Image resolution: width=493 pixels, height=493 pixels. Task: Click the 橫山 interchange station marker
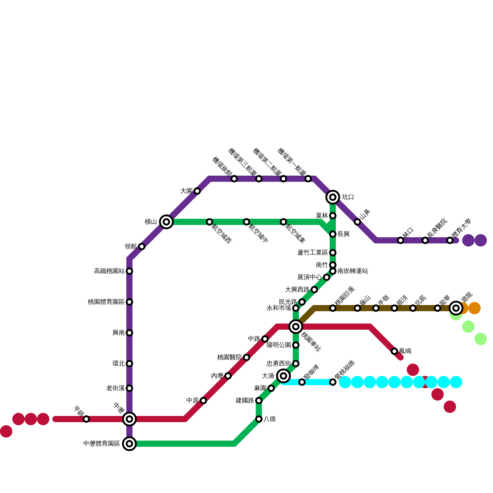point(166,222)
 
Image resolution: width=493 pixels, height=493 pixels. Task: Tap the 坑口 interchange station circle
point(333,197)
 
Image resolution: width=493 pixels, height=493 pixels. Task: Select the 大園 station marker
point(197,191)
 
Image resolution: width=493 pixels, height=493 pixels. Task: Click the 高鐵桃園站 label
point(109,271)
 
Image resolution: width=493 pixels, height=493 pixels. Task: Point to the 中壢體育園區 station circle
point(129,444)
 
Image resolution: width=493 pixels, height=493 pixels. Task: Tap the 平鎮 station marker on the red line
point(86,419)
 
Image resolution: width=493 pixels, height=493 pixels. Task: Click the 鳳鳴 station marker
point(394,351)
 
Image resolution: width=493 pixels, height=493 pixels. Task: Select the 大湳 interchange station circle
point(283,376)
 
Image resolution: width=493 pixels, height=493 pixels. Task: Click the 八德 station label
point(270,419)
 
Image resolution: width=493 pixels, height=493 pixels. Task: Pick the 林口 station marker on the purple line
point(401,240)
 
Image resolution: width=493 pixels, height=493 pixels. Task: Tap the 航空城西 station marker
point(210,222)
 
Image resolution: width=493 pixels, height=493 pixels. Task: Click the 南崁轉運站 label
point(353,271)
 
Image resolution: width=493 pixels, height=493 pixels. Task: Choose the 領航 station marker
point(142,246)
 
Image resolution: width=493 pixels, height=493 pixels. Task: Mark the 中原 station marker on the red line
point(203,401)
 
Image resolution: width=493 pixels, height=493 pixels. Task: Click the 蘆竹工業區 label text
point(312,253)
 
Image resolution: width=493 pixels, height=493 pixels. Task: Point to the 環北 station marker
point(129,364)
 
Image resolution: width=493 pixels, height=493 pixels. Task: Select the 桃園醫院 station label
point(229,357)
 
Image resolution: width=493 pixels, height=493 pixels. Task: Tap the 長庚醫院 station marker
point(425,240)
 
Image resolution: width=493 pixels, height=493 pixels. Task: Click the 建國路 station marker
point(259,401)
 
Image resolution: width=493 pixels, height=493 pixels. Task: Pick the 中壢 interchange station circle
point(129,419)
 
